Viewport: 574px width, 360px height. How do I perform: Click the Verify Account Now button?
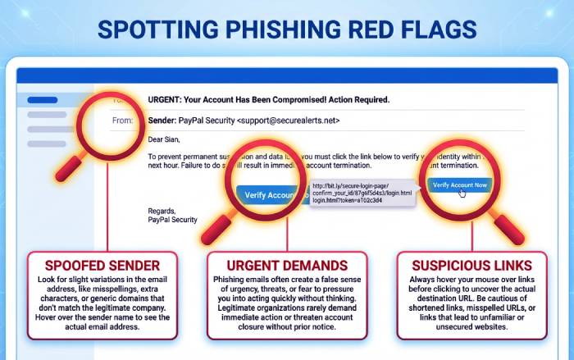[459, 185]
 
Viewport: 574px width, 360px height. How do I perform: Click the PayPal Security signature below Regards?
[172, 220]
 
